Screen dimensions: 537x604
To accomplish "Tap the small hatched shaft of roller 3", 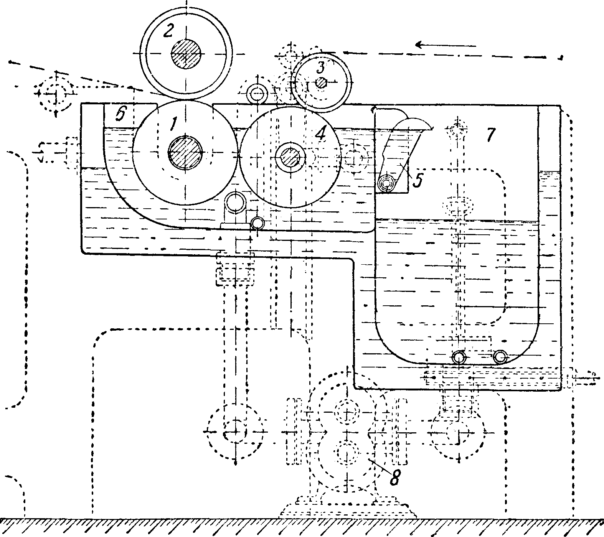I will click(321, 82).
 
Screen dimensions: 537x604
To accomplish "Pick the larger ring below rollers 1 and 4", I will click(235, 203).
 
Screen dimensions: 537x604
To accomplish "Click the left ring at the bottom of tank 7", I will click(459, 357).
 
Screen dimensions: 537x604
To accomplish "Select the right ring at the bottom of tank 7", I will click(500, 357).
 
